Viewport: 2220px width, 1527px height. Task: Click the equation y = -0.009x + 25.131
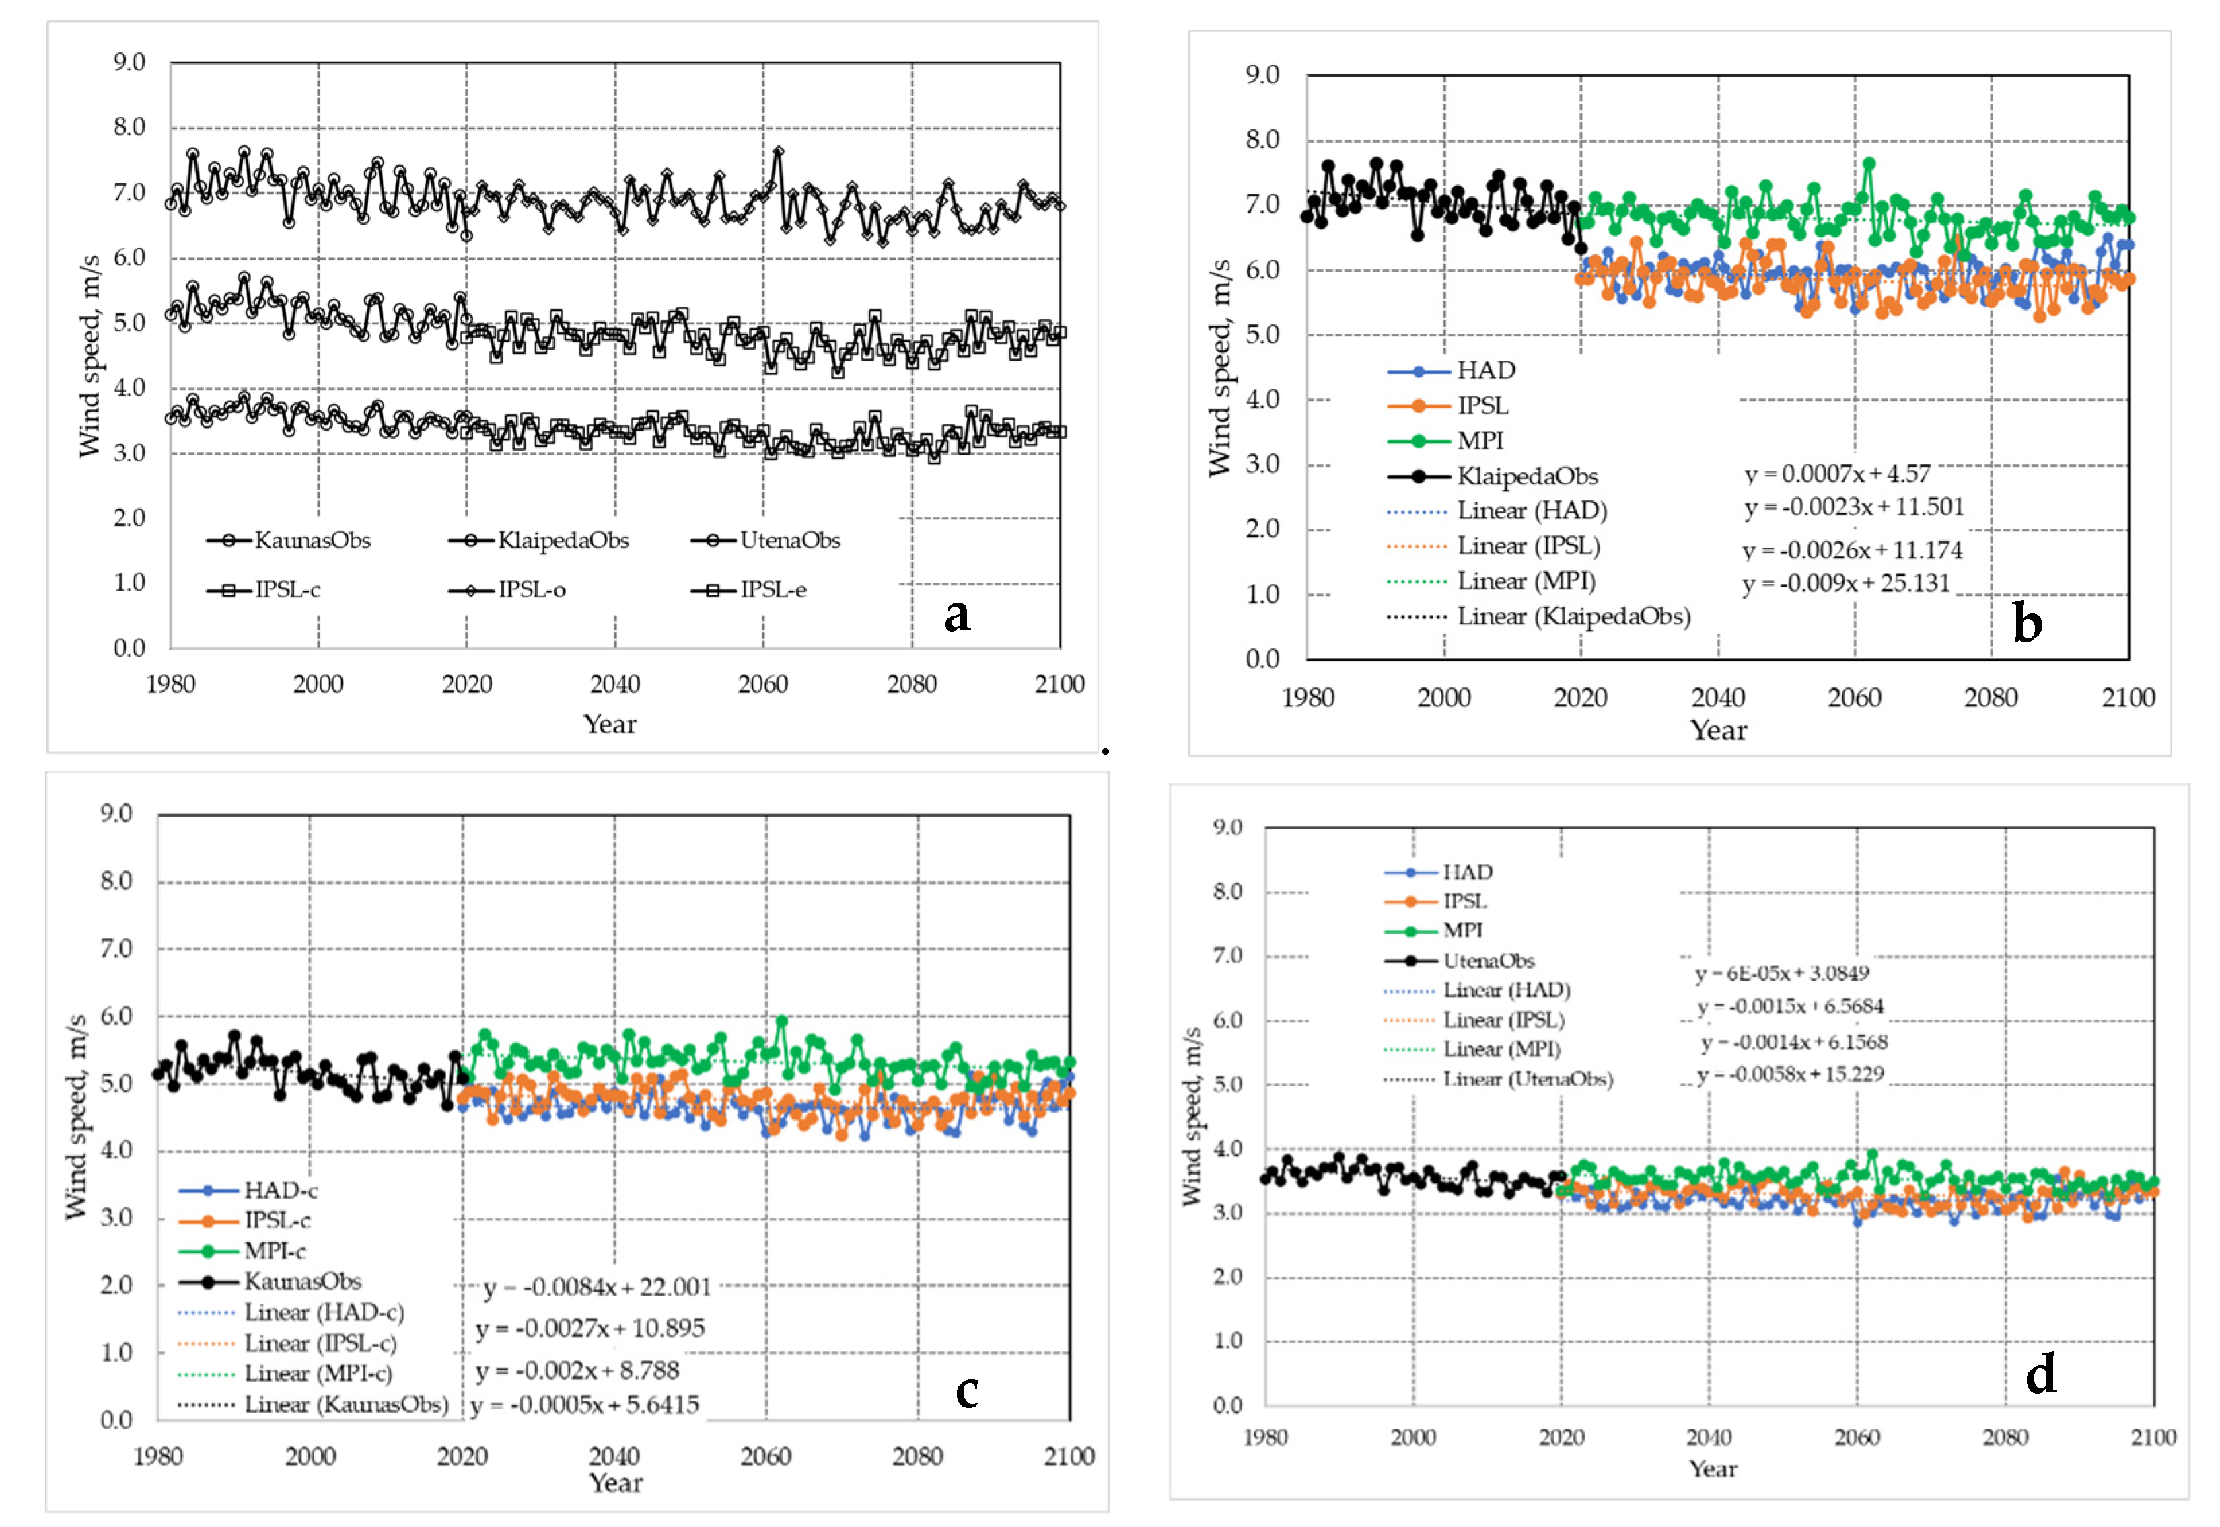[1846, 583]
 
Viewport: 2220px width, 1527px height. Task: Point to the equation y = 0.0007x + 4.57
[1836, 474]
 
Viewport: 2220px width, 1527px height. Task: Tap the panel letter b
[2027, 623]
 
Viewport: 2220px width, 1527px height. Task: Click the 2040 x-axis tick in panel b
[1717, 698]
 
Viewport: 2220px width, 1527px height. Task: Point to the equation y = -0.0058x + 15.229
[1789, 1074]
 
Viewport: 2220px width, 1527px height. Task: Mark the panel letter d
[2040, 1375]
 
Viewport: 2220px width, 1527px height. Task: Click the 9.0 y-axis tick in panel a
[129, 62]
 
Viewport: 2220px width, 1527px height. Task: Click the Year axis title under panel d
[1712, 1468]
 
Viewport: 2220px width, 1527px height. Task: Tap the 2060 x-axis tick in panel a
[762, 684]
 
